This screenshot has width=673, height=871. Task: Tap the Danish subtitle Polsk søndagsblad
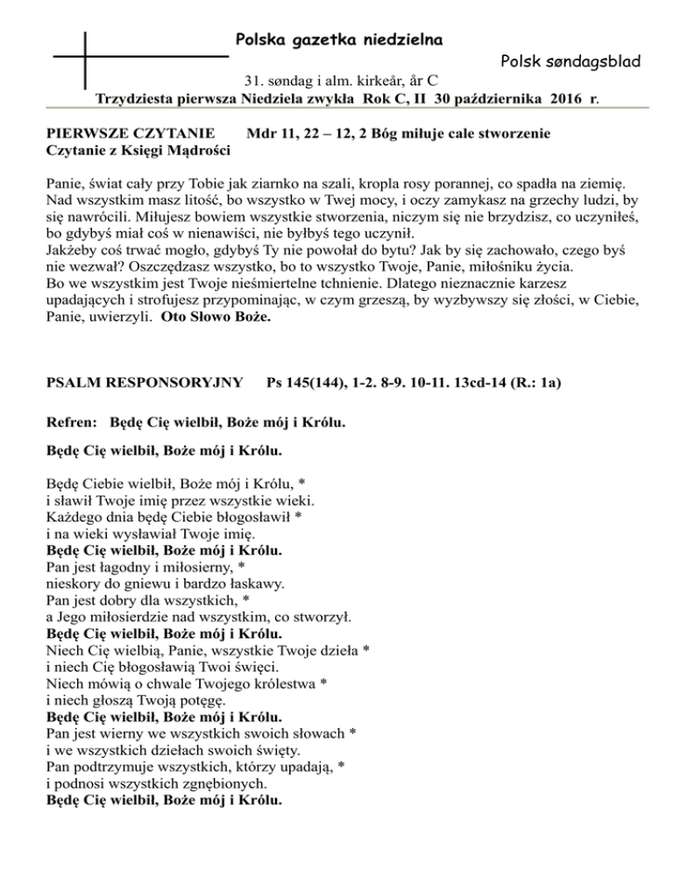click(x=570, y=62)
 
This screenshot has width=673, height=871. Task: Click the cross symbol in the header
click(x=86, y=56)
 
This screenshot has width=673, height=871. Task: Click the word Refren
click(x=73, y=423)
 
